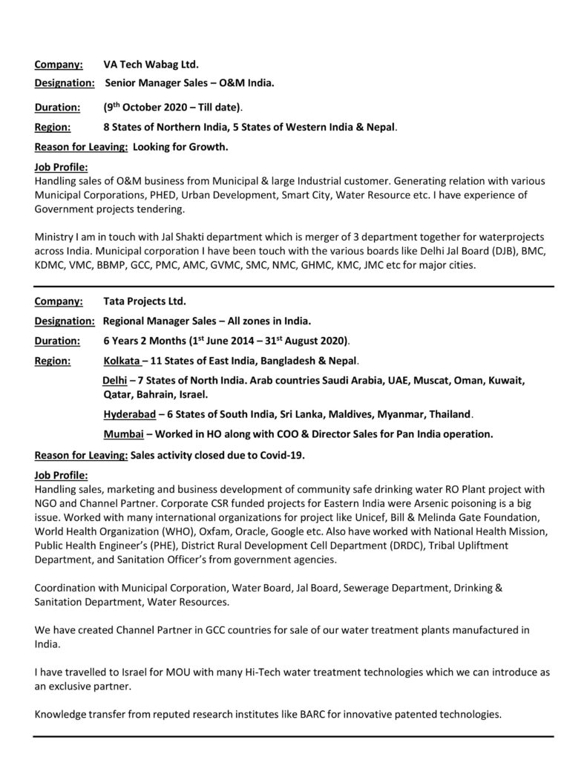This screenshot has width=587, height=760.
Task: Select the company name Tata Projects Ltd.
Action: click(145, 302)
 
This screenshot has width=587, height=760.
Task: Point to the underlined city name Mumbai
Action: click(122, 433)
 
